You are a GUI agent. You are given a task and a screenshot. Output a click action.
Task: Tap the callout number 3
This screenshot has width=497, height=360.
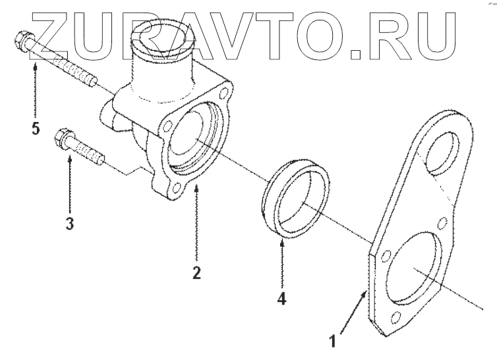click(x=69, y=223)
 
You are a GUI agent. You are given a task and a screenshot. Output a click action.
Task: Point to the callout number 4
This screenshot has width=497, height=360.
click(x=281, y=298)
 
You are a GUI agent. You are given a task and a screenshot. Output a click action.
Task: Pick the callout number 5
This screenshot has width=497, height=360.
click(x=35, y=127)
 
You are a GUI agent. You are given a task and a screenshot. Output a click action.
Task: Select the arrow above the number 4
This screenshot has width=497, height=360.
click(x=281, y=264)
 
